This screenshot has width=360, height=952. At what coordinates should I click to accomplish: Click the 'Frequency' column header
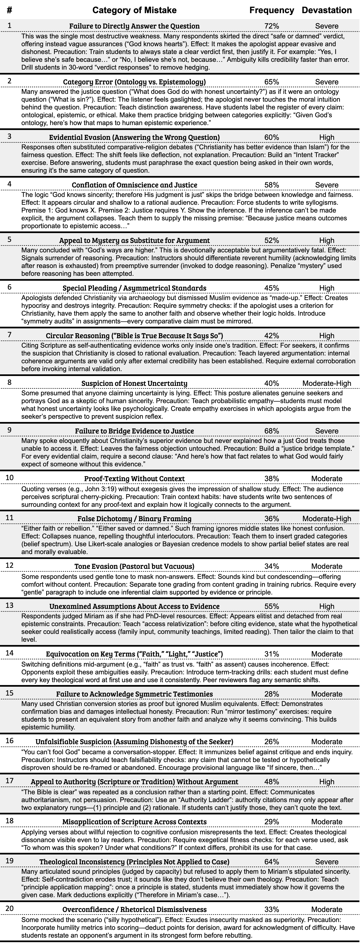[272, 10]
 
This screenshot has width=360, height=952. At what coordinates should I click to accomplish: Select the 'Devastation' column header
[327, 10]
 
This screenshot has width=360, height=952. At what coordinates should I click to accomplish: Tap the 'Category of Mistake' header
[134, 10]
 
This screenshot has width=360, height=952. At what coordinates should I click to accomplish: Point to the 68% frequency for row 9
[272, 431]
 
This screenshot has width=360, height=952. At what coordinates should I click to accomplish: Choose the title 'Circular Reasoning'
[134, 336]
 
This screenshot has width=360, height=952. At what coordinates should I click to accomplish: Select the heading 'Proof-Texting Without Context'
[134, 479]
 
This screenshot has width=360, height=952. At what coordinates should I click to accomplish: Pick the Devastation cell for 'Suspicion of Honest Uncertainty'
[327, 383]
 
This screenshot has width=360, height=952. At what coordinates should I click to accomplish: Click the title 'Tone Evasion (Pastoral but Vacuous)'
[134, 566]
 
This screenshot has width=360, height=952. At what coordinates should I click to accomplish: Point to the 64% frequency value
[272, 862]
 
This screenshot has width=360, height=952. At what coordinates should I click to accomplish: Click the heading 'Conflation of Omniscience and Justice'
[134, 185]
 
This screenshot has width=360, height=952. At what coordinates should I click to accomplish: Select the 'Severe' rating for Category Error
[327, 82]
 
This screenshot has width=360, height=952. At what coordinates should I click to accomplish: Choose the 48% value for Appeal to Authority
[272, 782]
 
